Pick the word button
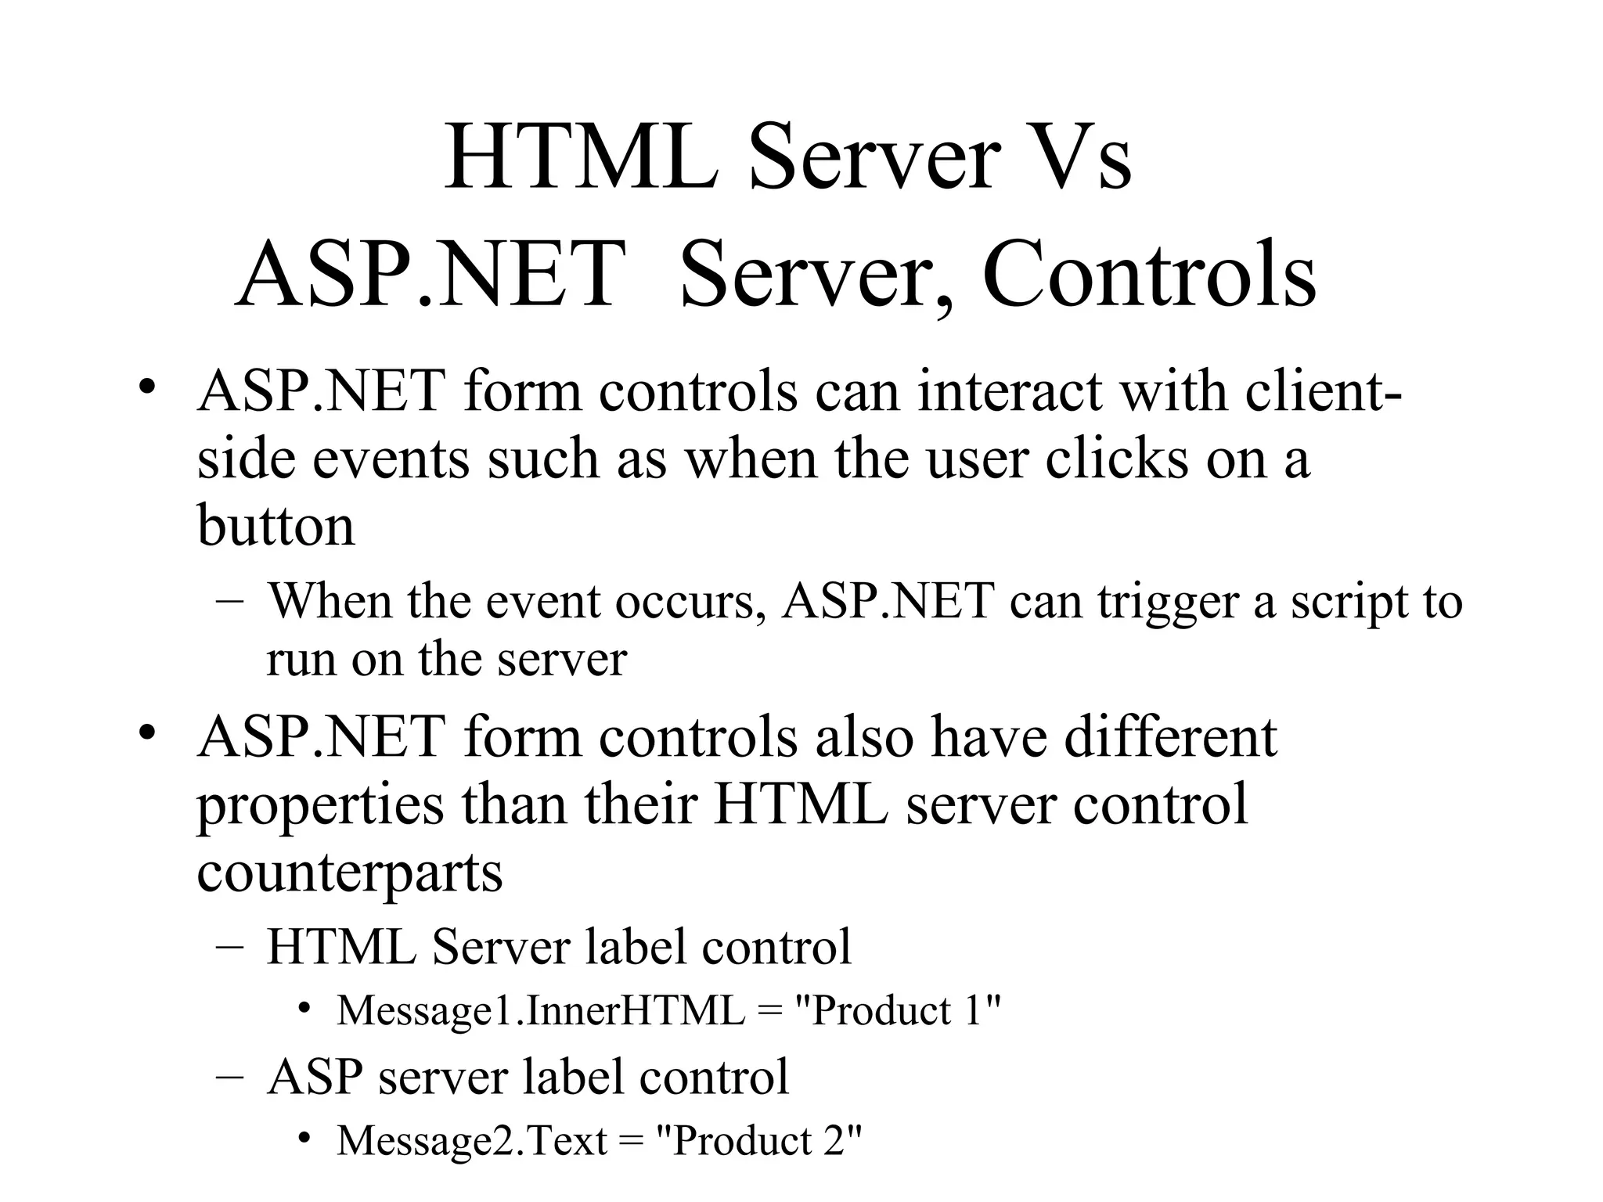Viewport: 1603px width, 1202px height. pos(276,524)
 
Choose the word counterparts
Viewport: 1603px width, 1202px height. pos(349,872)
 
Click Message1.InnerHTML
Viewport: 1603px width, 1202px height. pos(541,1010)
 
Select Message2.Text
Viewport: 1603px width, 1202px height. pos(472,1141)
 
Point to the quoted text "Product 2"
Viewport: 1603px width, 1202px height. pos(758,1141)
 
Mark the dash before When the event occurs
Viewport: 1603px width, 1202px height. pos(229,603)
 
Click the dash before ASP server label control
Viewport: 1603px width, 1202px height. pos(229,1078)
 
